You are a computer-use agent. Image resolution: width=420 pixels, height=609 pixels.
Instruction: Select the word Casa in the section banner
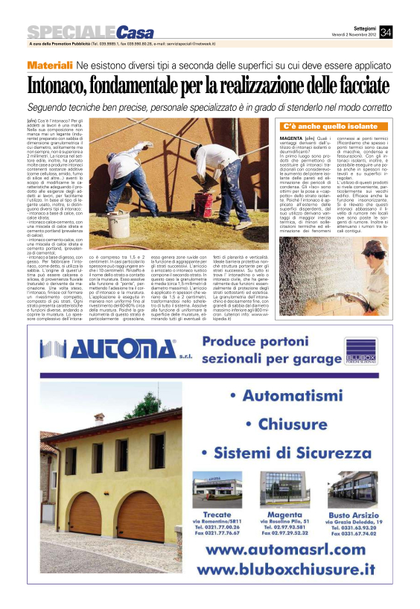(135, 32)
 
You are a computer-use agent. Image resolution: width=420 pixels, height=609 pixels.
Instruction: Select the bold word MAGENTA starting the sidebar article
(289, 138)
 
